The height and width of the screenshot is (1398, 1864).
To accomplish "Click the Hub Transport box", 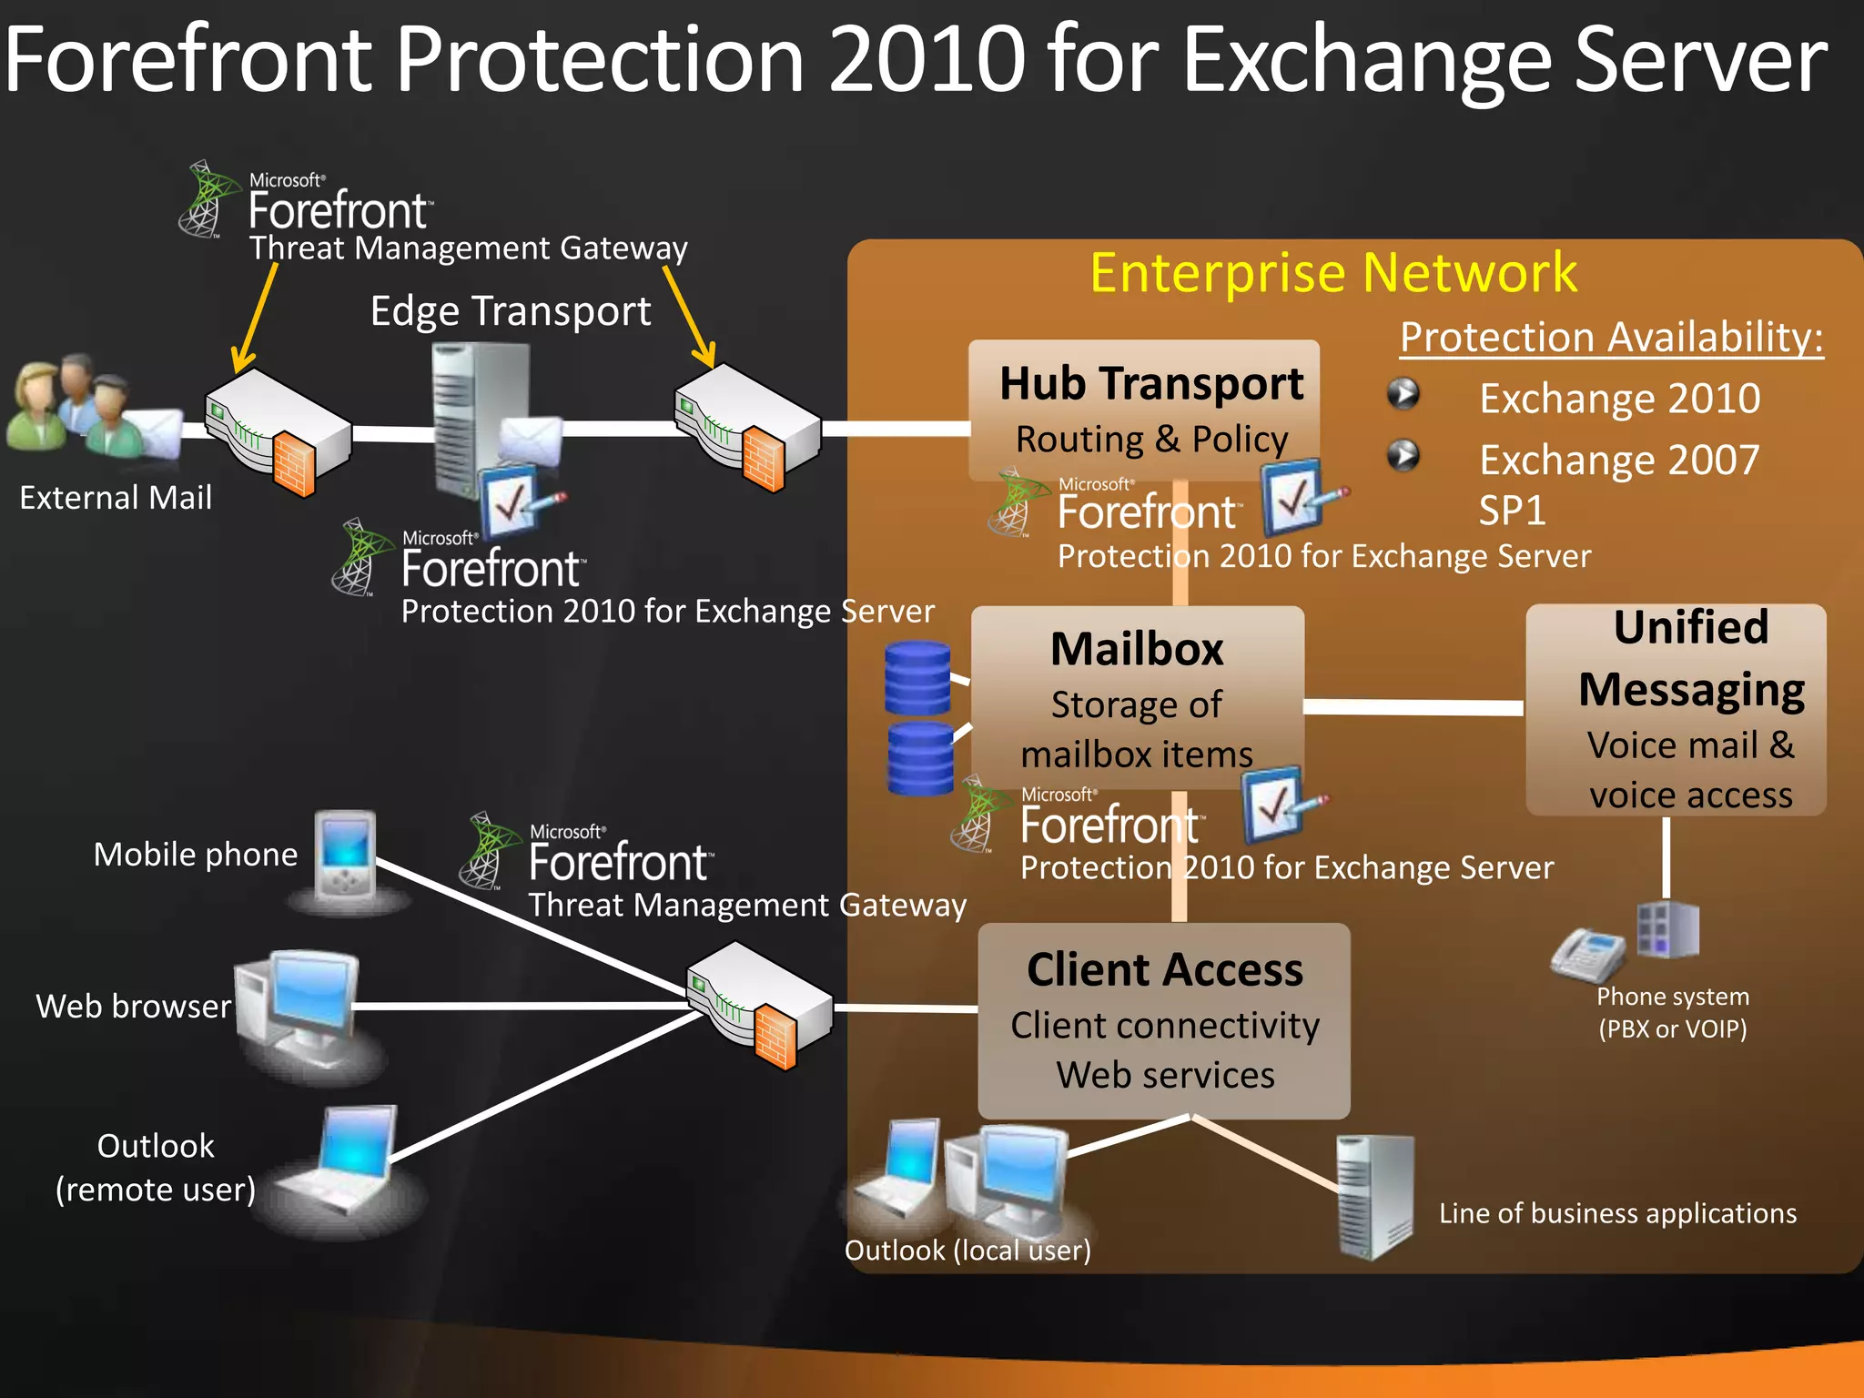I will click(1144, 410).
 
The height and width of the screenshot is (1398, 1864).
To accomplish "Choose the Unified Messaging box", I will click(1676, 709).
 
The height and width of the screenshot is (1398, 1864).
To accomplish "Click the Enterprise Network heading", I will click(1333, 272).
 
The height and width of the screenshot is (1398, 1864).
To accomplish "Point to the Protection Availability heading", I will click(1611, 337).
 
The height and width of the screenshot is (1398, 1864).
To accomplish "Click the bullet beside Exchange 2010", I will click(1403, 394).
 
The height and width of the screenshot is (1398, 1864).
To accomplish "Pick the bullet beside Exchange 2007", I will click(1403, 455).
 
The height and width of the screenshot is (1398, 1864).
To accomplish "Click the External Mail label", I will click(116, 498).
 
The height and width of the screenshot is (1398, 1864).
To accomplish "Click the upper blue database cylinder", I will click(917, 678).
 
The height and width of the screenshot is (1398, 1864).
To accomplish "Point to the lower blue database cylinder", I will click(920, 758).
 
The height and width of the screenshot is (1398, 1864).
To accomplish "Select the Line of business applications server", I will click(1374, 1197).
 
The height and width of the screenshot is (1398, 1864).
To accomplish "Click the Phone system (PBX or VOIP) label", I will click(1672, 1012).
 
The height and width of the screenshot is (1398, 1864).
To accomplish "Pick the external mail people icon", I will click(68, 405).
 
